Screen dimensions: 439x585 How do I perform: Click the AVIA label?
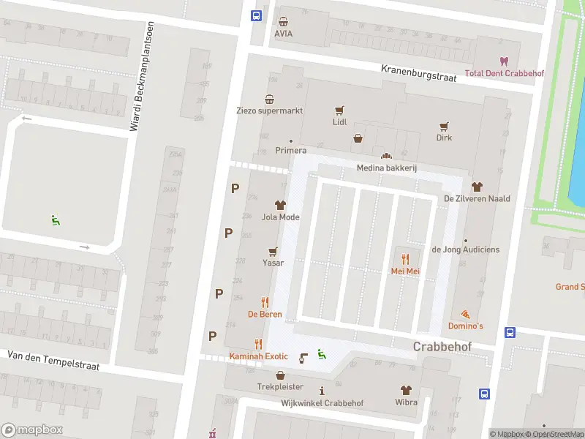(283, 34)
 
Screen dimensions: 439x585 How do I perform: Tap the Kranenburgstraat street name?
(418, 72)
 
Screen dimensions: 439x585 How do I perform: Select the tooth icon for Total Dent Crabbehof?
(502, 61)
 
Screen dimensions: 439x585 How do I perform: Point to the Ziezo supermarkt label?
(269, 111)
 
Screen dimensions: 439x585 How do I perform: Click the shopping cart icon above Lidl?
(339, 110)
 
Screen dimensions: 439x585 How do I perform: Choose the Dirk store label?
(444, 138)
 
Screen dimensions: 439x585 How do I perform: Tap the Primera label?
(290, 151)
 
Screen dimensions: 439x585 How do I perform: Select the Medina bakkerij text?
(386, 168)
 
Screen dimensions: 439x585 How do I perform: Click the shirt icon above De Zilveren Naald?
(477, 187)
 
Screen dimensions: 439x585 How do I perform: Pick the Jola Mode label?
(280, 217)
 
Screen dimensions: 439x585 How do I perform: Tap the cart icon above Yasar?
(273, 251)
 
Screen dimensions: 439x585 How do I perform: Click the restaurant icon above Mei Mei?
(405, 258)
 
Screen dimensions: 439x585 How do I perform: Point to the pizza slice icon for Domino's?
(465, 313)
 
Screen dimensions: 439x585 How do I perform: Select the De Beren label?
(265, 315)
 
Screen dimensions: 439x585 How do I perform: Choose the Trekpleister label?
(279, 386)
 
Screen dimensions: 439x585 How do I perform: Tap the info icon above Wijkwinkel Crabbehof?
(322, 391)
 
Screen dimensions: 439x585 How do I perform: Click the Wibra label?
(406, 402)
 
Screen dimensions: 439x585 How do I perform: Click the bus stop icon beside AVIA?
(257, 16)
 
